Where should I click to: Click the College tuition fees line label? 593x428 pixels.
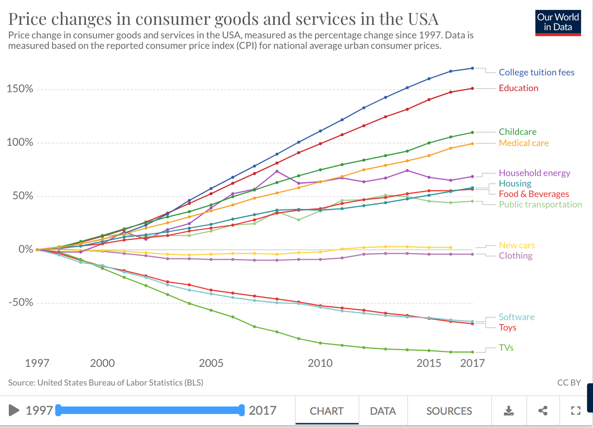click(536, 72)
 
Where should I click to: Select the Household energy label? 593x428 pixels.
click(534, 173)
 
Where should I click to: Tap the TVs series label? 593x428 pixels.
click(506, 348)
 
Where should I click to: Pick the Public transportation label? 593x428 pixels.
click(540, 204)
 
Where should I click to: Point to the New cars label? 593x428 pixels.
click(517, 245)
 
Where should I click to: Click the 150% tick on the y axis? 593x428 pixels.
click(20, 88)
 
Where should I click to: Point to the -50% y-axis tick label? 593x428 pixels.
click(21, 302)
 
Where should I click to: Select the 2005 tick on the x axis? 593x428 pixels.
click(211, 363)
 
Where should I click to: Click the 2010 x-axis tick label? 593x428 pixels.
click(320, 363)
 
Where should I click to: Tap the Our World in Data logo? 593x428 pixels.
click(558, 23)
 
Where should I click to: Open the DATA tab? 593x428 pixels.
click(383, 411)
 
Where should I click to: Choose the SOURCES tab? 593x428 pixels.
click(449, 411)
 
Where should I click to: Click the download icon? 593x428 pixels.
click(508, 411)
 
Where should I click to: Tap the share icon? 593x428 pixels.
click(543, 411)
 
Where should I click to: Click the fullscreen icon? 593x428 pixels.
click(576, 411)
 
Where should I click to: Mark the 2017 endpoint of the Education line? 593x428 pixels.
click(473, 88)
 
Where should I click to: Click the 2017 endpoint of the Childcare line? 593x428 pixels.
click(473, 133)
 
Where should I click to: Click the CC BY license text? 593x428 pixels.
click(569, 382)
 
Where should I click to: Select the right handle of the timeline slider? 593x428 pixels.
click(241, 411)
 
